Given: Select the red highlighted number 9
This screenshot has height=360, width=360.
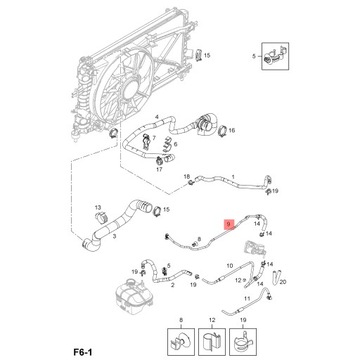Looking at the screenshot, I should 228,226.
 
